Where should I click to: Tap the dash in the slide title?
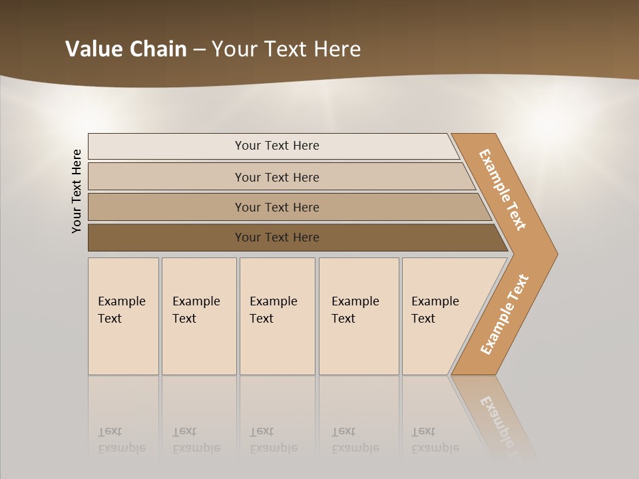tap(199, 50)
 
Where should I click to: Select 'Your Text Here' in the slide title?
tap(286, 49)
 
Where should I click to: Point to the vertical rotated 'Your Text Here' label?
tap(77, 191)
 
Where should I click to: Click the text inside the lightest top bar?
tap(277, 146)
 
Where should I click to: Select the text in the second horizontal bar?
tap(277, 178)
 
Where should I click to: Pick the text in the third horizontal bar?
tap(277, 208)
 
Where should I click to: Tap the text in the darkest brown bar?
tap(277, 238)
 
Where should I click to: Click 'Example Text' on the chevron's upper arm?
tap(503, 190)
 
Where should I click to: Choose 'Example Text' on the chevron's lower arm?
tap(504, 315)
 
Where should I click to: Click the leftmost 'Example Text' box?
tap(123, 316)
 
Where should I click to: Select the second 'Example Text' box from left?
tap(198, 316)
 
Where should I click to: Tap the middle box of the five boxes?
tap(277, 316)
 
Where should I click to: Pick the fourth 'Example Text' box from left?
tap(358, 316)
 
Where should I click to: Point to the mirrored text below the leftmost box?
tap(122, 440)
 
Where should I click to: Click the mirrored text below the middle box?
tap(274, 440)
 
